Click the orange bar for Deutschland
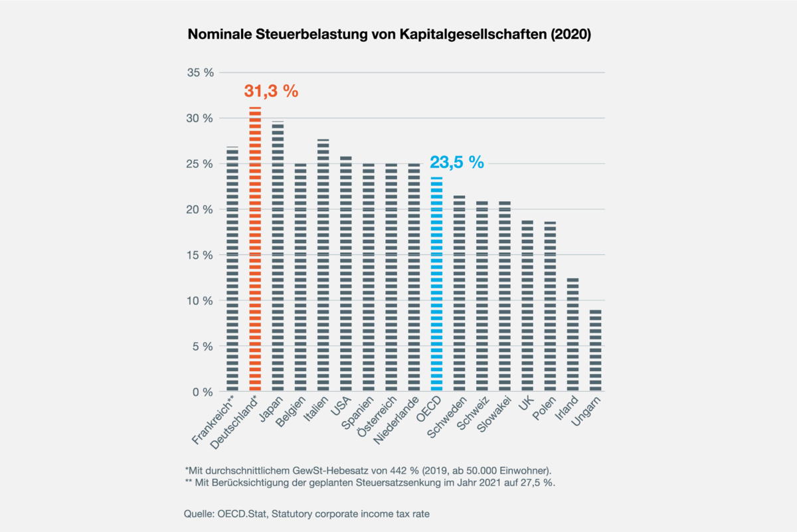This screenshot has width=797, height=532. [255, 249]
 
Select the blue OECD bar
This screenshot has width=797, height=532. [436, 284]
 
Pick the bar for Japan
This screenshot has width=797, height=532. [278, 256]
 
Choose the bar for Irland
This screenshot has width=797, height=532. [573, 335]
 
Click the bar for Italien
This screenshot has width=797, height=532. [323, 265]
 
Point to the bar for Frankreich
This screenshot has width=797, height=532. [232, 269]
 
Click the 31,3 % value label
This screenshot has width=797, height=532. [271, 92]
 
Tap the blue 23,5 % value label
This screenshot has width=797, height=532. [457, 162]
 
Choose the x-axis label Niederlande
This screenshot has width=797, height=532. [397, 421]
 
